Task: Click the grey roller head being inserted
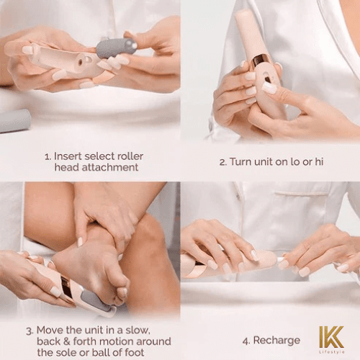click(116, 48)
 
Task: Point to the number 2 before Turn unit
click(222, 161)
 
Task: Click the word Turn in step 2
click(242, 161)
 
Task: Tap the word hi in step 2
click(318, 161)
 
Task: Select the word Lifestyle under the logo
click(332, 351)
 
